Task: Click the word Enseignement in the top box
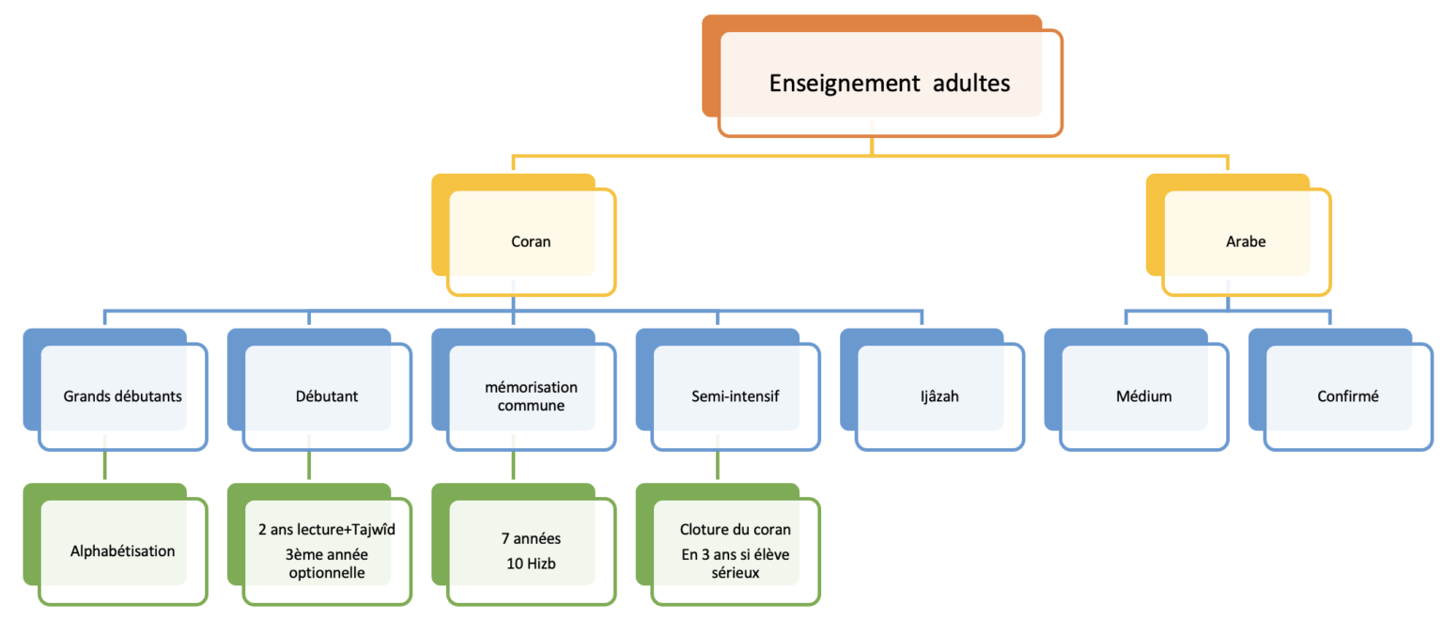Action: tap(844, 84)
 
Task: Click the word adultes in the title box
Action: tap(971, 84)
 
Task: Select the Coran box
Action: tap(531, 241)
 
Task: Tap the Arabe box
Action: tap(1246, 241)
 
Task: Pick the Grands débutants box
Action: tap(122, 395)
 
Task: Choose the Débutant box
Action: tap(326, 395)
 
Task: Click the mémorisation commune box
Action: tap(531, 395)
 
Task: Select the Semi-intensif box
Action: tap(736, 395)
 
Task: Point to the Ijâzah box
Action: tap(939, 395)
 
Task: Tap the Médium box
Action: tap(1144, 395)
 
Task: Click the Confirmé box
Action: tap(1348, 395)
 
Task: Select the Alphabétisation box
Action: tap(122, 550)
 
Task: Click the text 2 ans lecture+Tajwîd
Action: tap(326, 530)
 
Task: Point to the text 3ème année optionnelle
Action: tap(326, 563)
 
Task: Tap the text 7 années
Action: tap(531, 539)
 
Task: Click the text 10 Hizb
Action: tap(531, 562)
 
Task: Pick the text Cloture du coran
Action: tap(736, 530)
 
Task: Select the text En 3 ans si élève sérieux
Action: tap(736, 563)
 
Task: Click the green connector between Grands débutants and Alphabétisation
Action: tap(104, 467)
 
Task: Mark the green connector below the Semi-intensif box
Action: tap(718, 467)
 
